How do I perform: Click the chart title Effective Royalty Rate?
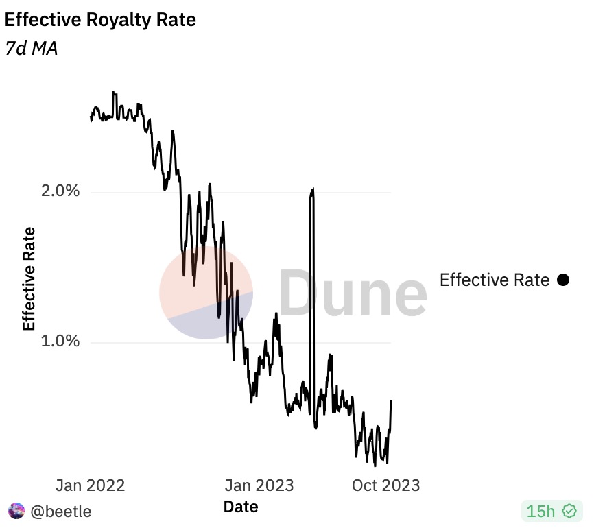click(100, 20)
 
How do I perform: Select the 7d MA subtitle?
click(31, 49)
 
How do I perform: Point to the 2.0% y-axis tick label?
click(61, 191)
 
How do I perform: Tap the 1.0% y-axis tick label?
click(61, 341)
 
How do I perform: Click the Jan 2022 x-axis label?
click(91, 485)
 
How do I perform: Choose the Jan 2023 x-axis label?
click(259, 485)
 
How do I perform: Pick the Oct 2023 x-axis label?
click(385, 485)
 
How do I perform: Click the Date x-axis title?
click(241, 507)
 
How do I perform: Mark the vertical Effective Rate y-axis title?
click(29, 279)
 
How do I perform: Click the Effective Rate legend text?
click(494, 280)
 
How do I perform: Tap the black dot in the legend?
click(563, 280)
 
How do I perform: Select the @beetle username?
click(61, 512)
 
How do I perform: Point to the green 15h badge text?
click(540, 511)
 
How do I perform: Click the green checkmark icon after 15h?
click(569, 511)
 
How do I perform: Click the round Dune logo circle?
click(206, 293)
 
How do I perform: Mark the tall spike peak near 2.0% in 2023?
click(313, 189)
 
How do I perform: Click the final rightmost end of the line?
click(391, 400)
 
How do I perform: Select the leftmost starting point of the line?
click(91, 121)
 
